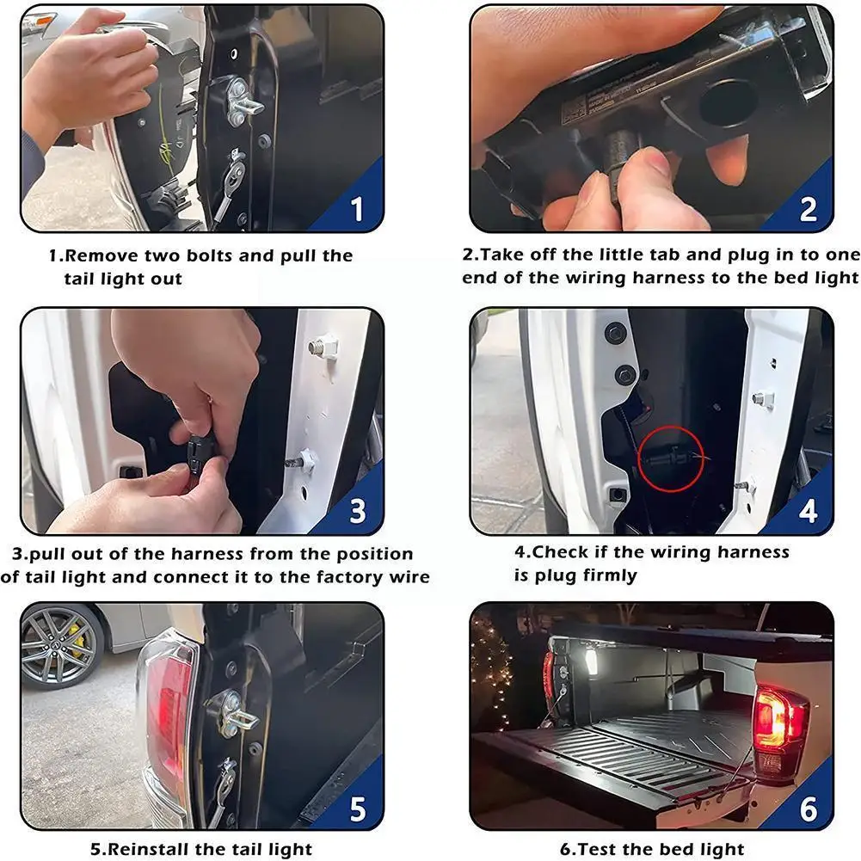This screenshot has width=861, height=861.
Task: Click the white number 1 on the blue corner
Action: pyautogui.click(x=357, y=209)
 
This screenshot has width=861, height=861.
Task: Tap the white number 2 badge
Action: pyautogui.click(x=808, y=209)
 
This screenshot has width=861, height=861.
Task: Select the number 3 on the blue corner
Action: pyautogui.click(x=358, y=511)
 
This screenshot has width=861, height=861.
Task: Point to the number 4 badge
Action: pyautogui.click(x=808, y=511)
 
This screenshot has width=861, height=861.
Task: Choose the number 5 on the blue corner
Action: pyautogui.click(x=358, y=809)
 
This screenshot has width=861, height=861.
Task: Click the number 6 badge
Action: pyautogui.click(x=809, y=809)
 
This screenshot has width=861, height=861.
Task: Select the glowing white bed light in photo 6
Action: pyautogui.click(x=592, y=661)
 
